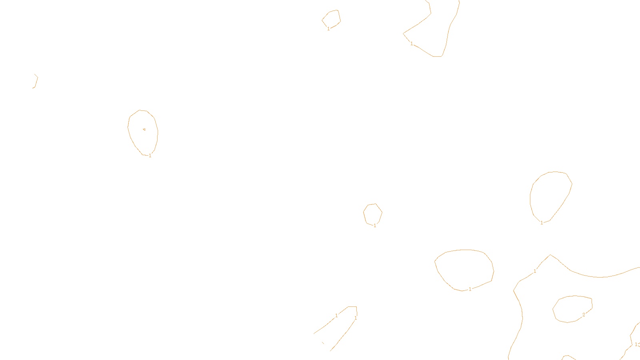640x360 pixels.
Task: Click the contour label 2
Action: [x=584, y=315]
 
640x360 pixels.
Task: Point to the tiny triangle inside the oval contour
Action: [x=144, y=129]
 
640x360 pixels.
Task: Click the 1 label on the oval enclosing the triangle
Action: [x=150, y=156]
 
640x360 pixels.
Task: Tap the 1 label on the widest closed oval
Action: [x=470, y=289]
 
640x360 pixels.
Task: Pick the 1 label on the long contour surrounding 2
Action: [x=535, y=271]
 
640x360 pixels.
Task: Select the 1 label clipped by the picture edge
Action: [x=636, y=344]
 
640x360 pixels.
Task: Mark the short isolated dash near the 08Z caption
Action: [x=323, y=343]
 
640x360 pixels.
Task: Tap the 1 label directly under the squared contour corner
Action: [x=355, y=318]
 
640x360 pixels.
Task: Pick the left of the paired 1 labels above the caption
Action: [x=336, y=316]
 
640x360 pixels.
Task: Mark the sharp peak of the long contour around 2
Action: [x=550, y=255]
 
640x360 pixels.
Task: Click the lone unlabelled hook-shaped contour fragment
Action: [x=36, y=81]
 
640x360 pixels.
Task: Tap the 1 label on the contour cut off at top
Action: [x=412, y=44]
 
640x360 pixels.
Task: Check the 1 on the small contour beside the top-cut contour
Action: [x=328, y=29]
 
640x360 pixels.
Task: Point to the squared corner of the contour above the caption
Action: [x=356, y=307]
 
